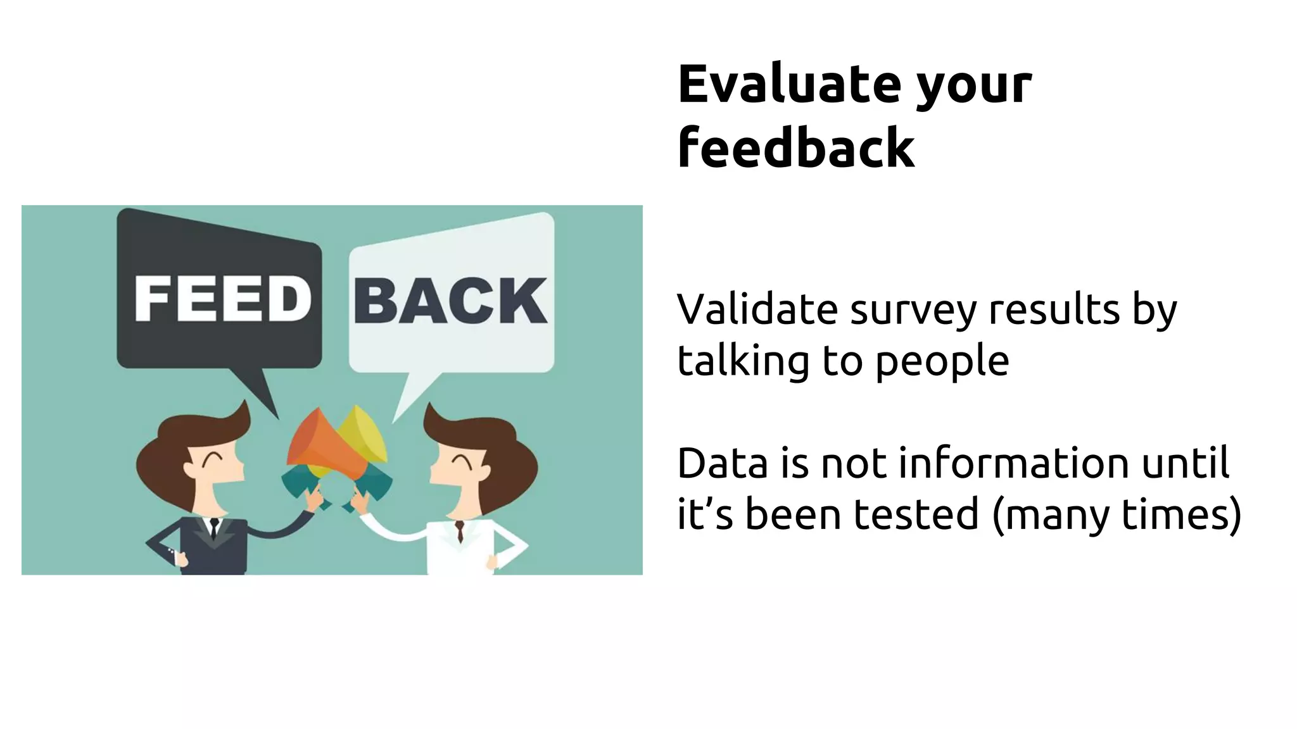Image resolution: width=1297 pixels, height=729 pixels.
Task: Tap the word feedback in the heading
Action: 795,148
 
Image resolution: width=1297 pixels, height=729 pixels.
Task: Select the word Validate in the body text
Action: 757,309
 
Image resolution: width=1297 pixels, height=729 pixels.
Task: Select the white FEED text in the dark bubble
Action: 222,299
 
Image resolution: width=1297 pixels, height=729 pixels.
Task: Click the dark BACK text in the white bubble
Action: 450,301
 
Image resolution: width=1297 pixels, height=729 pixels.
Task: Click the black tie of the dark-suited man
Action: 214,528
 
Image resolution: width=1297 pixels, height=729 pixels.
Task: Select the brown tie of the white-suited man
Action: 459,530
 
